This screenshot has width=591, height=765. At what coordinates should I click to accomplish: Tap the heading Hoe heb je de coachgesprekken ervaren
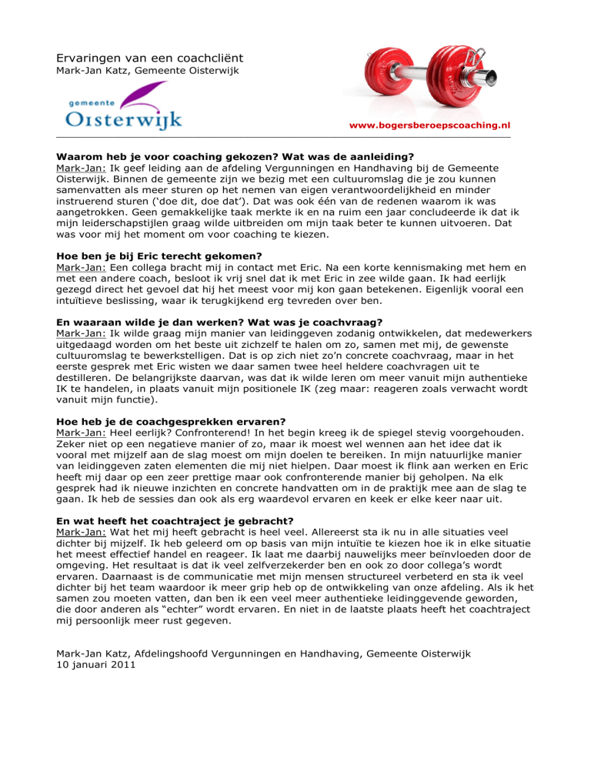(172, 421)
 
